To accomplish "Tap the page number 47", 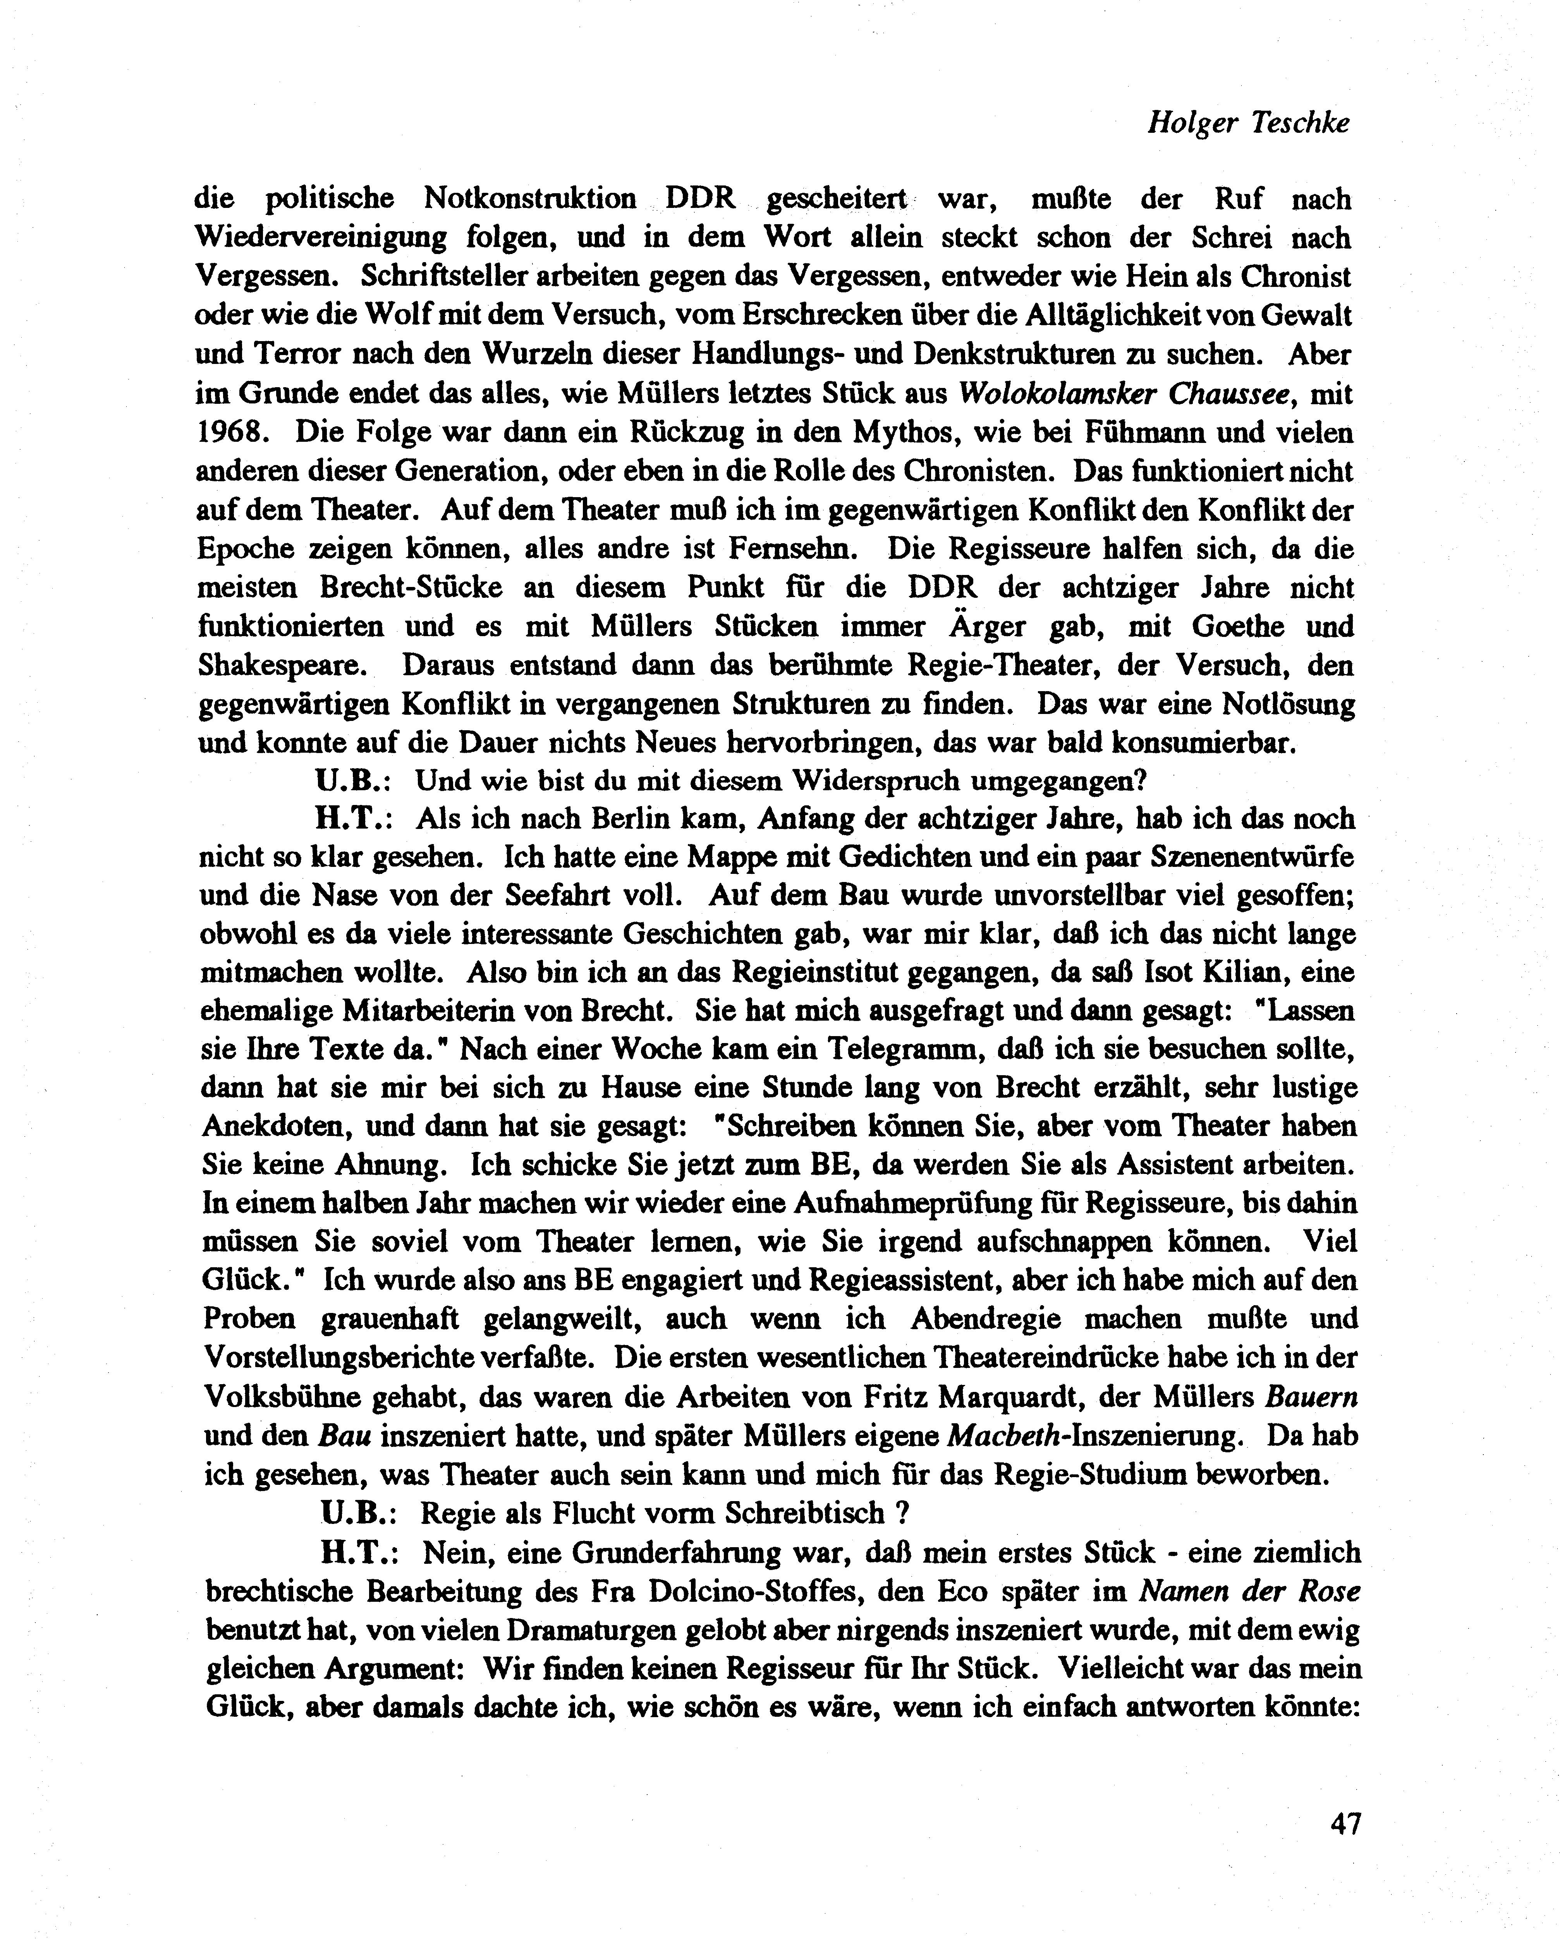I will [x=1345, y=1824].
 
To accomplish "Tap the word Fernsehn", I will [x=792, y=549].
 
